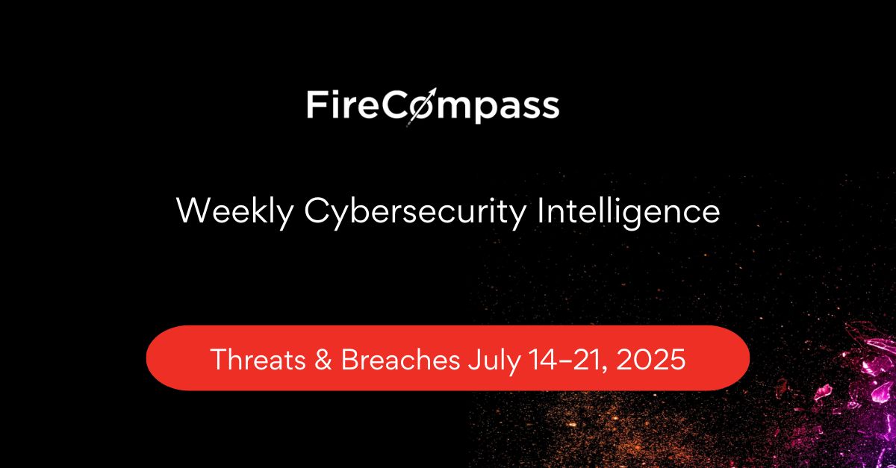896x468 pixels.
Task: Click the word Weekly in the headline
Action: point(235,212)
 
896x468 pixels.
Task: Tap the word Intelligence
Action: point(629,212)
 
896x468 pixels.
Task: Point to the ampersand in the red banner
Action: point(323,359)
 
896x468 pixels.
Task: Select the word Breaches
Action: point(400,359)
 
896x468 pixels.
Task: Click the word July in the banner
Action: point(494,361)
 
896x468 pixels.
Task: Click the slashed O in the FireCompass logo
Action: point(421,107)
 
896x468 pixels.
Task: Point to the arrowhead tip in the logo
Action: point(436,88)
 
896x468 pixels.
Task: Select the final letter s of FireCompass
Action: point(550,108)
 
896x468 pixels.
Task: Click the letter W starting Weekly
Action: point(193,210)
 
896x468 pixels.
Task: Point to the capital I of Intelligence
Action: point(540,210)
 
